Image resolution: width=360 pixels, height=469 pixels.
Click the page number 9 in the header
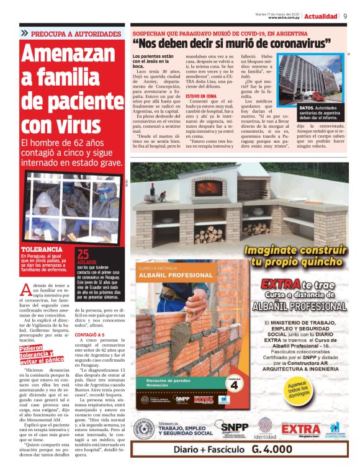point(345,16)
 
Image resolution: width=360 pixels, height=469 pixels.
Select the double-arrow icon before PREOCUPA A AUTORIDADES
point(24,33)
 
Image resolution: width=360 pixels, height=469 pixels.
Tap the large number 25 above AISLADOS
point(83,253)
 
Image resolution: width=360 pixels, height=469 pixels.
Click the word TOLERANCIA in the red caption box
point(42,249)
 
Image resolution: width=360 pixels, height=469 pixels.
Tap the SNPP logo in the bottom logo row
point(235,427)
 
